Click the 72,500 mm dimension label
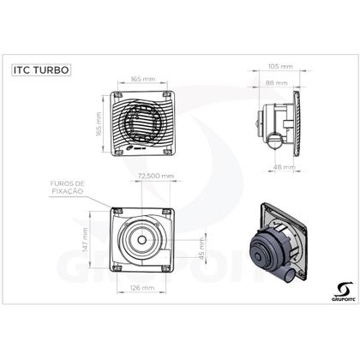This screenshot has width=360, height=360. tap(155, 176)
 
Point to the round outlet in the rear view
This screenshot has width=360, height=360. tap(142, 238)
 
